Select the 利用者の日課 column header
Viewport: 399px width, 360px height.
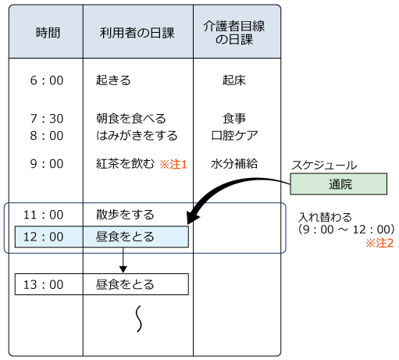[x=137, y=33]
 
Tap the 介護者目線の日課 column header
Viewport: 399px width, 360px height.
[x=236, y=33]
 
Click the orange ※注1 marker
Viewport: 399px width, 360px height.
[x=173, y=165]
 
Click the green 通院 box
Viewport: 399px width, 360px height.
[x=339, y=185]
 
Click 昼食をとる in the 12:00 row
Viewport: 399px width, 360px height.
[x=125, y=237]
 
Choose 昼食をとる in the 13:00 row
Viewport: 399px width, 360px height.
[x=125, y=284]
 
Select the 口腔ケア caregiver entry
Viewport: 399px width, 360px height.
[x=236, y=134]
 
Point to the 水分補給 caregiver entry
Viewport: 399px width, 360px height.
[x=236, y=164]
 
